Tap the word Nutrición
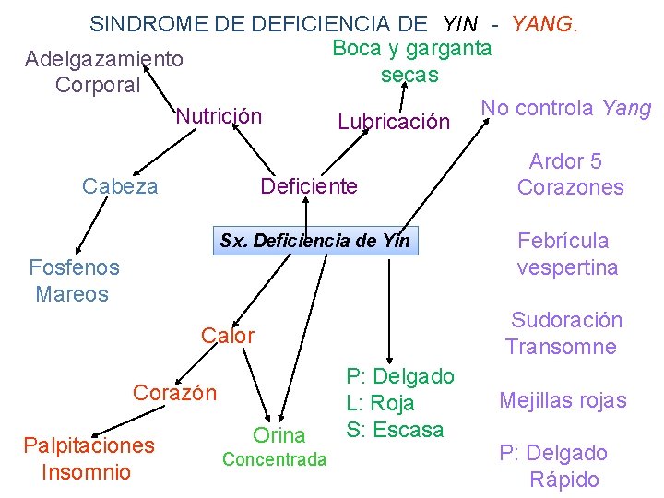(219, 116)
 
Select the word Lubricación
(394, 122)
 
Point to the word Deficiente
(309, 186)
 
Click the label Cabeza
(120, 186)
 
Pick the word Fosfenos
(74, 267)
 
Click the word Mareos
(72, 294)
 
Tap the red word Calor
(228, 336)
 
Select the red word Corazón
(175, 392)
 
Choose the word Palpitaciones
(89, 445)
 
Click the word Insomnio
(87, 472)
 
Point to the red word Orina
(279, 435)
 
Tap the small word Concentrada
(275, 459)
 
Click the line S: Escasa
(395, 430)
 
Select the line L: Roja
(380, 403)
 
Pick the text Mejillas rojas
(563, 400)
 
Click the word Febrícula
(563, 241)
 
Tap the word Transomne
(561, 347)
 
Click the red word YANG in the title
(543, 23)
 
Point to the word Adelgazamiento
(104, 59)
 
